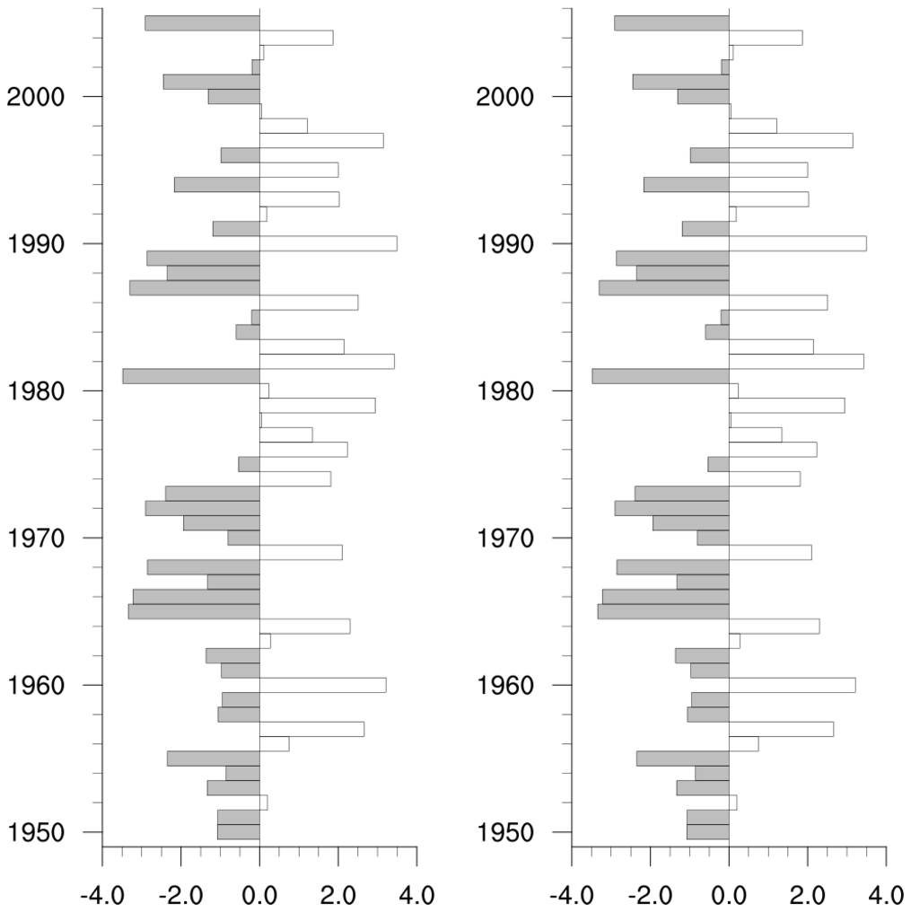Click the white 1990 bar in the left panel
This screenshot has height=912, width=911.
(x=328, y=243)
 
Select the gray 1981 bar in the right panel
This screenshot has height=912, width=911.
(x=661, y=376)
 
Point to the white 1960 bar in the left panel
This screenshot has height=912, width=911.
(x=322, y=685)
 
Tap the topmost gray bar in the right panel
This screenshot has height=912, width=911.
(x=671, y=22)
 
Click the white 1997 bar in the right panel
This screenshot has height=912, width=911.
(x=791, y=140)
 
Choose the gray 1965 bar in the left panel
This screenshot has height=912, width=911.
(x=194, y=611)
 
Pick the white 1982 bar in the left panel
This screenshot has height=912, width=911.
(x=327, y=361)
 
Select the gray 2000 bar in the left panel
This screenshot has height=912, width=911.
(x=234, y=96)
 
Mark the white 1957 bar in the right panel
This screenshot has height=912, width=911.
(x=781, y=729)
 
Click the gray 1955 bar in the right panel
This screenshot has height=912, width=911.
(x=683, y=759)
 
